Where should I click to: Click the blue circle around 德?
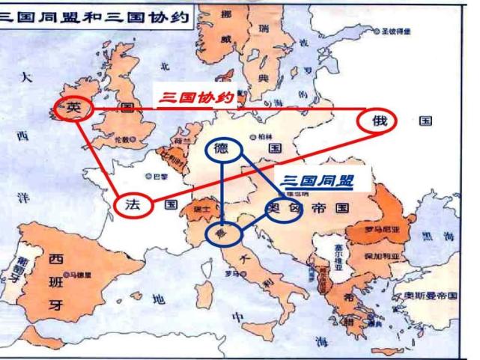pyautogui.click(x=222, y=148)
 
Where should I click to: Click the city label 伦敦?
pyautogui.click(x=122, y=140)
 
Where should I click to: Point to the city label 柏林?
pyautogui.click(x=264, y=137)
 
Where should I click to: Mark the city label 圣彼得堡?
pyautogui.click(x=394, y=33)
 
